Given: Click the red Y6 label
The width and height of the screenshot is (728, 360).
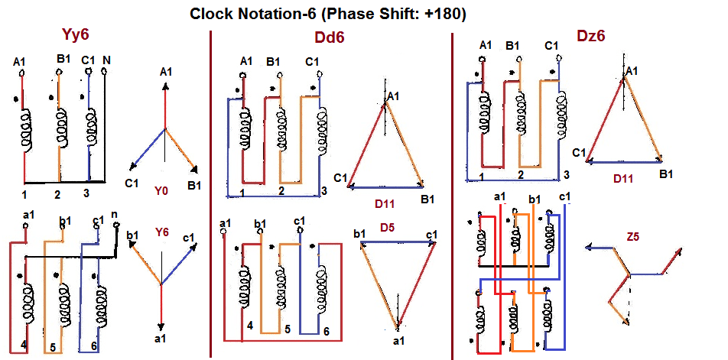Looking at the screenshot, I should point(163,232).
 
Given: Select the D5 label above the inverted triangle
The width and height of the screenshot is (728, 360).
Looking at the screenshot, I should point(388,227).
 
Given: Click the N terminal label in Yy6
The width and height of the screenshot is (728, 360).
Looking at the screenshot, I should point(106,60).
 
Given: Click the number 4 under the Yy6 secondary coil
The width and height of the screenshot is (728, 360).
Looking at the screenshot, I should point(24,345).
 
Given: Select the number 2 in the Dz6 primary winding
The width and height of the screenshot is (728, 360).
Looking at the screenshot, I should point(521,175).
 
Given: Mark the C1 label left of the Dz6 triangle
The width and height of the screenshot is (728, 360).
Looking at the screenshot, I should point(579,153).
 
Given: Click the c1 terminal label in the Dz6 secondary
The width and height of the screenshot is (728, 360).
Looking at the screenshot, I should point(565,198).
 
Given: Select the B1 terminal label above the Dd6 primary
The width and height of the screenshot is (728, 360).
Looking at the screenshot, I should point(273,61).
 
